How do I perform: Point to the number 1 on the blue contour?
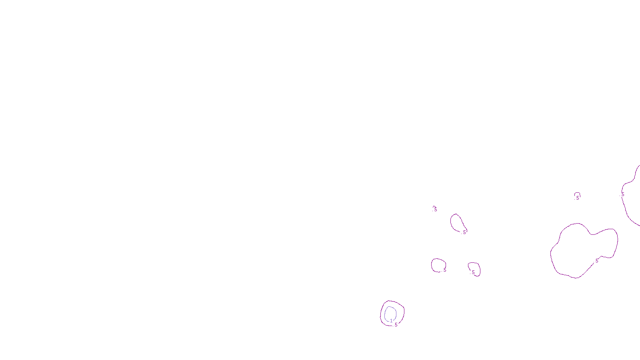(391, 321)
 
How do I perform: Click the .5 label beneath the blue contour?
(396, 325)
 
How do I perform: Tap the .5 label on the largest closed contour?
(596, 261)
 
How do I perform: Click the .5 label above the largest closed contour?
(577, 198)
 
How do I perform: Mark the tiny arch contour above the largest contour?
(577, 194)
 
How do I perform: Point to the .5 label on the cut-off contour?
(622, 194)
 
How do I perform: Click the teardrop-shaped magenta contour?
(451, 222)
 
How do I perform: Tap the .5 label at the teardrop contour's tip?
(464, 232)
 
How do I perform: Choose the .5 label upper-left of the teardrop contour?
(435, 209)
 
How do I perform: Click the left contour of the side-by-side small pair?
(432, 265)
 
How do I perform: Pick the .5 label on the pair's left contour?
(444, 270)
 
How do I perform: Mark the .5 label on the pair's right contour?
(473, 272)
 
